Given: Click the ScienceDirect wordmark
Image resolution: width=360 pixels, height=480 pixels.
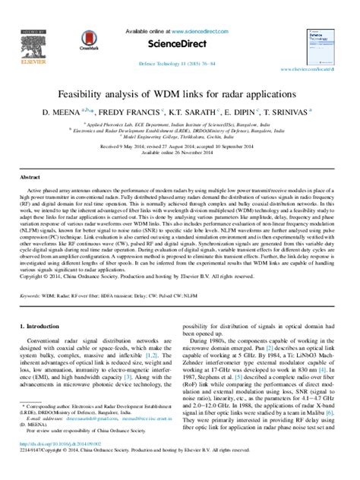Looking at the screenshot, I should click(x=181, y=43).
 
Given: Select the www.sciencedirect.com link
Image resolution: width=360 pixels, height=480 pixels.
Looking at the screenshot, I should click(x=201, y=31).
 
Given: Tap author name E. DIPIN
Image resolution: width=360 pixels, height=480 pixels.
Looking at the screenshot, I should click(x=251, y=111).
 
